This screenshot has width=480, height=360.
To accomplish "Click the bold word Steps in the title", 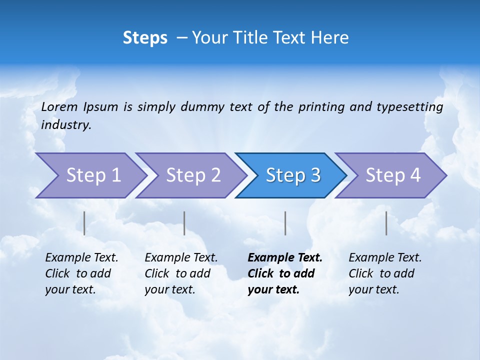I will (x=145, y=38).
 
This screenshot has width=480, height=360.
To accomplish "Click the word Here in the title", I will (x=329, y=38).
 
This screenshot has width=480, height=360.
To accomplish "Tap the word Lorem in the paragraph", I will (x=59, y=106).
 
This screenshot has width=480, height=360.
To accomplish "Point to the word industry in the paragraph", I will (x=66, y=125).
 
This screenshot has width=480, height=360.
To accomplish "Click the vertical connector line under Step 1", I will (x=84, y=223).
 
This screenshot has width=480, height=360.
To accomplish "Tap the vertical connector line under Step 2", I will (x=184, y=223).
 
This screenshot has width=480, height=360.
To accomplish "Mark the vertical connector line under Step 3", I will (x=285, y=223).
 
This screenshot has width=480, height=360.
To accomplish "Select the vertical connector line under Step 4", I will (x=386, y=223).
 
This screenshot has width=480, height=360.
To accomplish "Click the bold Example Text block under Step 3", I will (x=284, y=273).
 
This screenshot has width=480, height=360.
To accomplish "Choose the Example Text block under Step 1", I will (x=81, y=273).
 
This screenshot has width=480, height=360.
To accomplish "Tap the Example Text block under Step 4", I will (x=384, y=273).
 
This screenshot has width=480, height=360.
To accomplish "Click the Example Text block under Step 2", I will (x=181, y=273).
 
